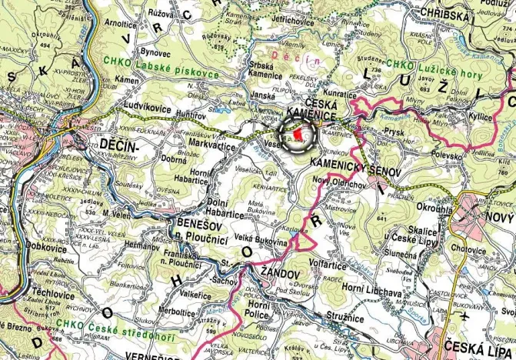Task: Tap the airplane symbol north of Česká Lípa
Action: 464,315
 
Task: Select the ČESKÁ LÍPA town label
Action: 474,343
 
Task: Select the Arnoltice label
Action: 108,24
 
